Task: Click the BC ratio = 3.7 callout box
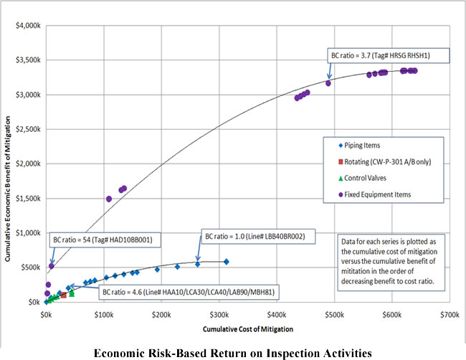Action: [x=388, y=55]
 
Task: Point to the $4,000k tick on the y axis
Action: [x=26, y=26]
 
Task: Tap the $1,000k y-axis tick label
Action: [x=26, y=233]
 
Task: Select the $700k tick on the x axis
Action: [x=450, y=314]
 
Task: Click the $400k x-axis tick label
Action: [x=277, y=314]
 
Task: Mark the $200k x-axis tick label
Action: [x=161, y=314]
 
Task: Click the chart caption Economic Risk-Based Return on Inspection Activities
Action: [x=233, y=351]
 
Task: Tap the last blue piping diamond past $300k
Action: [x=226, y=262]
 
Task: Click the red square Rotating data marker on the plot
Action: [x=64, y=295]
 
